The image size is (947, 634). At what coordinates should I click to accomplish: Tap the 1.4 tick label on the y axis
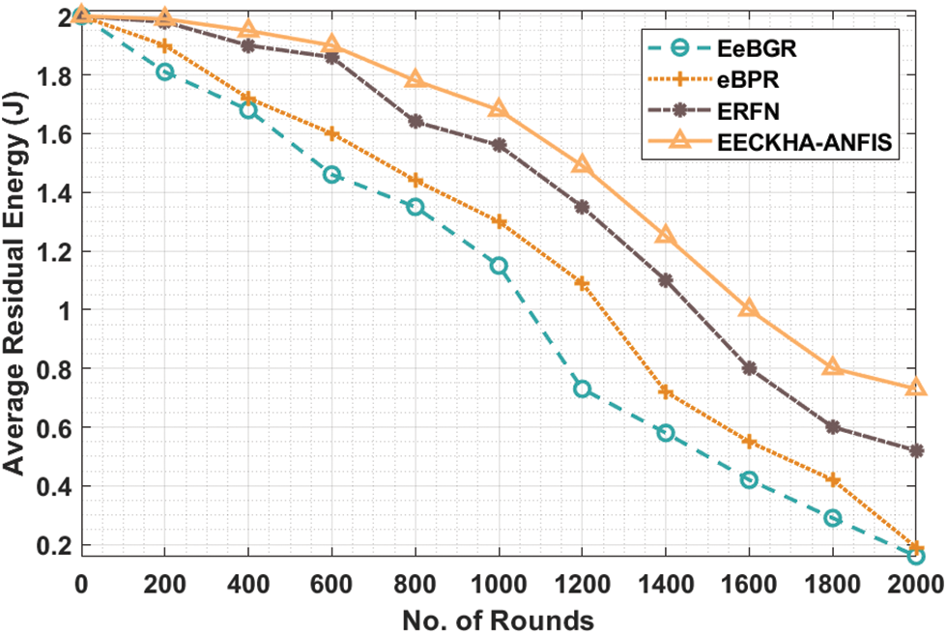56,192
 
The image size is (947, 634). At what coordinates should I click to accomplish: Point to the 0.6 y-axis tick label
56,427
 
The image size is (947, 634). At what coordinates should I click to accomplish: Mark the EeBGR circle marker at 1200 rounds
582,389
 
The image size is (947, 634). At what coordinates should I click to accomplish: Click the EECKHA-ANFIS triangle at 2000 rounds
916,388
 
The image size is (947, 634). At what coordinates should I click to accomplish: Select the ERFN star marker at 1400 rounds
666,280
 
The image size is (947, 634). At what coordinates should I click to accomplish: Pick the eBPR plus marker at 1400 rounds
666,391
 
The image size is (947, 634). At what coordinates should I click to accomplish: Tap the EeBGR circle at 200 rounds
165,72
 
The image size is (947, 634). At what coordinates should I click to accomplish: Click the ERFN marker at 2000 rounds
916,450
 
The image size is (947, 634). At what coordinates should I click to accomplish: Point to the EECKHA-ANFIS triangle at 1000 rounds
499,109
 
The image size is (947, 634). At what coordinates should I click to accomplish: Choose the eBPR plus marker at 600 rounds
331,133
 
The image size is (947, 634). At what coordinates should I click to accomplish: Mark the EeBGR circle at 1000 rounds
499,266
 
